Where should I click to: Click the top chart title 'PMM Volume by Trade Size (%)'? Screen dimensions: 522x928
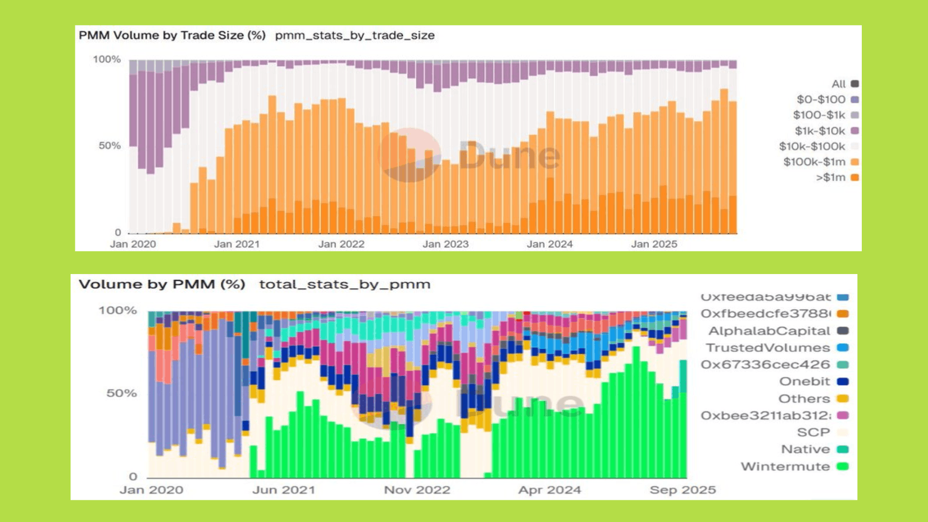click(x=172, y=35)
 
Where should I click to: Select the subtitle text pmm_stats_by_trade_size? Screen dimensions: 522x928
click(x=355, y=35)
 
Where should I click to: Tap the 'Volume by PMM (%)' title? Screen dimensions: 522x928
click(x=162, y=284)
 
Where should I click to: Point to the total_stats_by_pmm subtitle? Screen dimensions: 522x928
click(x=345, y=284)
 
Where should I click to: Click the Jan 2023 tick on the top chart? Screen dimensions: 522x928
click(x=446, y=244)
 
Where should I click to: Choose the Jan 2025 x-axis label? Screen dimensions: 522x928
click(x=654, y=244)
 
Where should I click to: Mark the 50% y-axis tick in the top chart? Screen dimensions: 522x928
click(x=110, y=145)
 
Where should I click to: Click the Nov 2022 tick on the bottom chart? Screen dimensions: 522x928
click(x=417, y=490)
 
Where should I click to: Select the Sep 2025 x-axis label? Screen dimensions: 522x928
click(x=682, y=490)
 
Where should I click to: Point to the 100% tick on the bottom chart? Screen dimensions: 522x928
click(x=118, y=310)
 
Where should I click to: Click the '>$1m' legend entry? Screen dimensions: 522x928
click(x=831, y=177)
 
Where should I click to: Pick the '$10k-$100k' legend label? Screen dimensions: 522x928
click(x=812, y=146)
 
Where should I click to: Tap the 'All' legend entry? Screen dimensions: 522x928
click(x=839, y=84)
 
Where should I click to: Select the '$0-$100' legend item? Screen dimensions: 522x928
click(x=821, y=100)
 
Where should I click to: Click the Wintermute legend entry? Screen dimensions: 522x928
click(x=785, y=466)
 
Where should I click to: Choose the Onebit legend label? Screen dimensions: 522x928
click(x=804, y=381)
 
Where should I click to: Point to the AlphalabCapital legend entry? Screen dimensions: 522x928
click(x=769, y=331)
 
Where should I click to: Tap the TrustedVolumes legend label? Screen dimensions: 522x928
click(x=768, y=348)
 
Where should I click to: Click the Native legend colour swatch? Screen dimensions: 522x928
click(x=843, y=449)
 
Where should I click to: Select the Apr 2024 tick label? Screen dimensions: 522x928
click(x=550, y=490)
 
